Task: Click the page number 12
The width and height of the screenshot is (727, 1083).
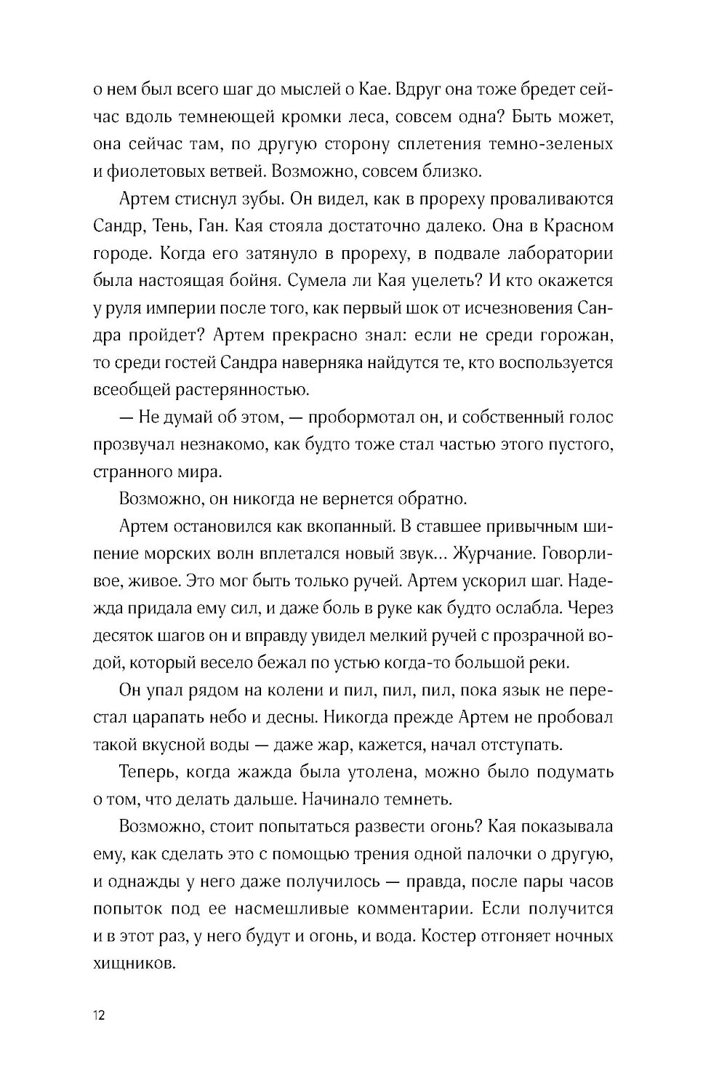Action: point(100,1016)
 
